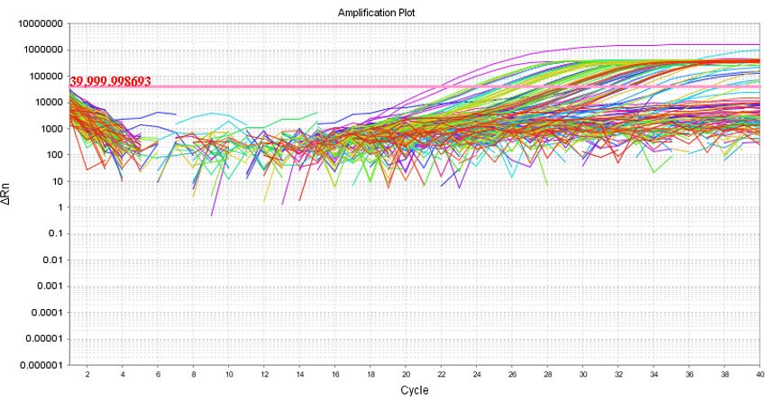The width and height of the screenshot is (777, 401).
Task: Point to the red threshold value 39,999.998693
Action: coord(109,81)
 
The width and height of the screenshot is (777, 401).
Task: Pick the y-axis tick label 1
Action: coord(59,207)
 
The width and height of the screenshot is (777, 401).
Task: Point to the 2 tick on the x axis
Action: coord(87,374)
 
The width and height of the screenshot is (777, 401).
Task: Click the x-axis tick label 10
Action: coord(229,374)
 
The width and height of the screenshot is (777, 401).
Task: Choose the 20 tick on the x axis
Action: coord(406,374)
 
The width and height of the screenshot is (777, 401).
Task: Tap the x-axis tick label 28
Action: coord(547,374)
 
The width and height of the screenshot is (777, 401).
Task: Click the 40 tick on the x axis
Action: coord(759,374)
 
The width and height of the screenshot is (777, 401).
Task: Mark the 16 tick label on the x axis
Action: coord(335,374)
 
